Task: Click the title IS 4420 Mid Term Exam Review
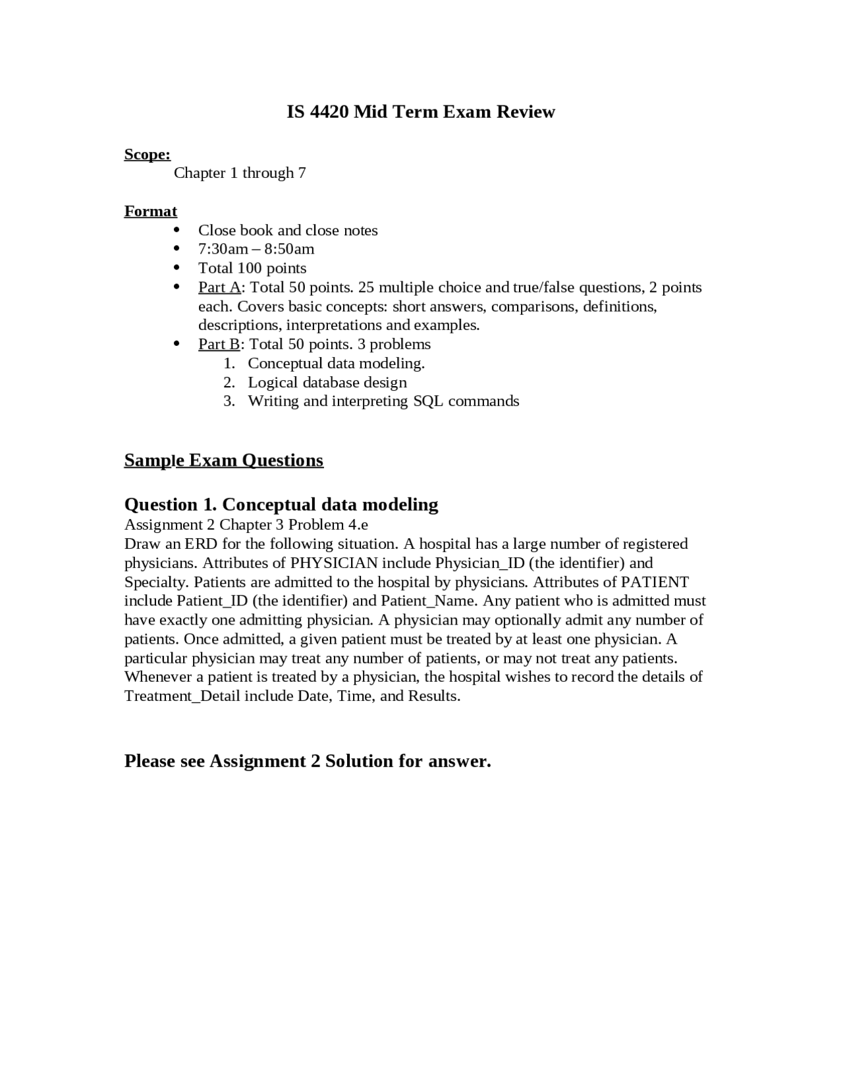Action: [420, 112]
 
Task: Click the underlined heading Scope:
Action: [148, 154]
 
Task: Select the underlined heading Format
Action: [151, 211]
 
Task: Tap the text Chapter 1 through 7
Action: [240, 173]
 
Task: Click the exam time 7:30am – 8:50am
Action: [256, 249]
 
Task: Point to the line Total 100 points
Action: [252, 268]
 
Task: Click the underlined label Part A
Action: [219, 287]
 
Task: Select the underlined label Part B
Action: [219, 344]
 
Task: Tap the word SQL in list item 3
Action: [428, 401]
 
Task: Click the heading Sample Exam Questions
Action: [224, 460]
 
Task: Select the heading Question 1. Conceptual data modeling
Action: [281, 505]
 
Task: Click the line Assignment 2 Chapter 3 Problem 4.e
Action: [246, 524]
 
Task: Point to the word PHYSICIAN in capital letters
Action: [334, 563]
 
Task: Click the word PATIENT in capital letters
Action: [655, 582]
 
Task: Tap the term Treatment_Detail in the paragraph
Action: [182, 696]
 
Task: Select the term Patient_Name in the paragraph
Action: [427, 601]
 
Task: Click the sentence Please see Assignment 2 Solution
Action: [308, 761]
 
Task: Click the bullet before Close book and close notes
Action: [177, 230]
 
